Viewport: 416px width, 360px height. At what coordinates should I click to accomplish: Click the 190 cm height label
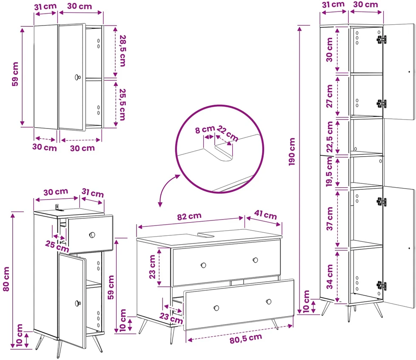point(292,151)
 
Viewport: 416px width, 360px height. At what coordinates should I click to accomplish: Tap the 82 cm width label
point(189,216)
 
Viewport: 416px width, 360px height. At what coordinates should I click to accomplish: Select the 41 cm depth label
point(265,214)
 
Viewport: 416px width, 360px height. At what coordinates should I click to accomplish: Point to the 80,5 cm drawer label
point(246,338)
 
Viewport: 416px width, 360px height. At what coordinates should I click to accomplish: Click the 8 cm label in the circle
point(205,129)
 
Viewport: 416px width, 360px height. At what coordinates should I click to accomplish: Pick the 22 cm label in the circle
point(228,133)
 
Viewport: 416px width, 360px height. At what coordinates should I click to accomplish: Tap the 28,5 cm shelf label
point(123,51)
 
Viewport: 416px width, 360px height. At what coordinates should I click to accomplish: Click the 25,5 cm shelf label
point(123,104)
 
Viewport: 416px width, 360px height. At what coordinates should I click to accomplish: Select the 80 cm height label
point(6,279)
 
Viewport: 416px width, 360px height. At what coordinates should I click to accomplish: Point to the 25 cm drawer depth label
point(57,246)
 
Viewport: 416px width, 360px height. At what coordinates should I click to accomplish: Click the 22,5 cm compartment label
point(330,137)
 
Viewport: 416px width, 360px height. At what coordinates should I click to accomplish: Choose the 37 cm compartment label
point(330,219)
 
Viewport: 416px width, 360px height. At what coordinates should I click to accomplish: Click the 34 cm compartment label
point(330,277)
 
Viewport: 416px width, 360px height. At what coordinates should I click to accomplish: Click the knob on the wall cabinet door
point(77,77)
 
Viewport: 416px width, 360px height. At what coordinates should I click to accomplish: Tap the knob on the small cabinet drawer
point(92,235)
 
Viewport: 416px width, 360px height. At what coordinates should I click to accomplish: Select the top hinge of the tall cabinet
point(382,40)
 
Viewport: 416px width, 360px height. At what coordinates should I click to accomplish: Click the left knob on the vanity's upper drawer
point(203,265)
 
